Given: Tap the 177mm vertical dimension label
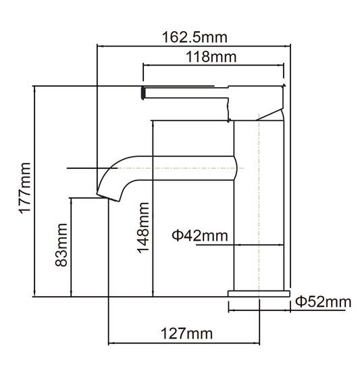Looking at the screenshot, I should pos(24,189).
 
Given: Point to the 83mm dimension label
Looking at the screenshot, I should pos(61,248).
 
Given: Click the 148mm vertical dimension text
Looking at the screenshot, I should pos(143,228).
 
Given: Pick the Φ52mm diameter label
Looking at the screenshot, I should pos(323,302).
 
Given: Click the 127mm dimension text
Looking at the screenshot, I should pos(185,333).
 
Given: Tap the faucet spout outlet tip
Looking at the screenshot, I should pos(103,195).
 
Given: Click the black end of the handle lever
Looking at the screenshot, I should pos(143,92).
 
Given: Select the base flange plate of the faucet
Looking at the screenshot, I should pos(259,293).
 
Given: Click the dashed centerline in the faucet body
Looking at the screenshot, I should pos(259,203).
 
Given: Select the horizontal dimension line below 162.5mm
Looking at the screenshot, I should pos(195,46).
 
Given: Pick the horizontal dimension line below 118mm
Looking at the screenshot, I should pos(212,66).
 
